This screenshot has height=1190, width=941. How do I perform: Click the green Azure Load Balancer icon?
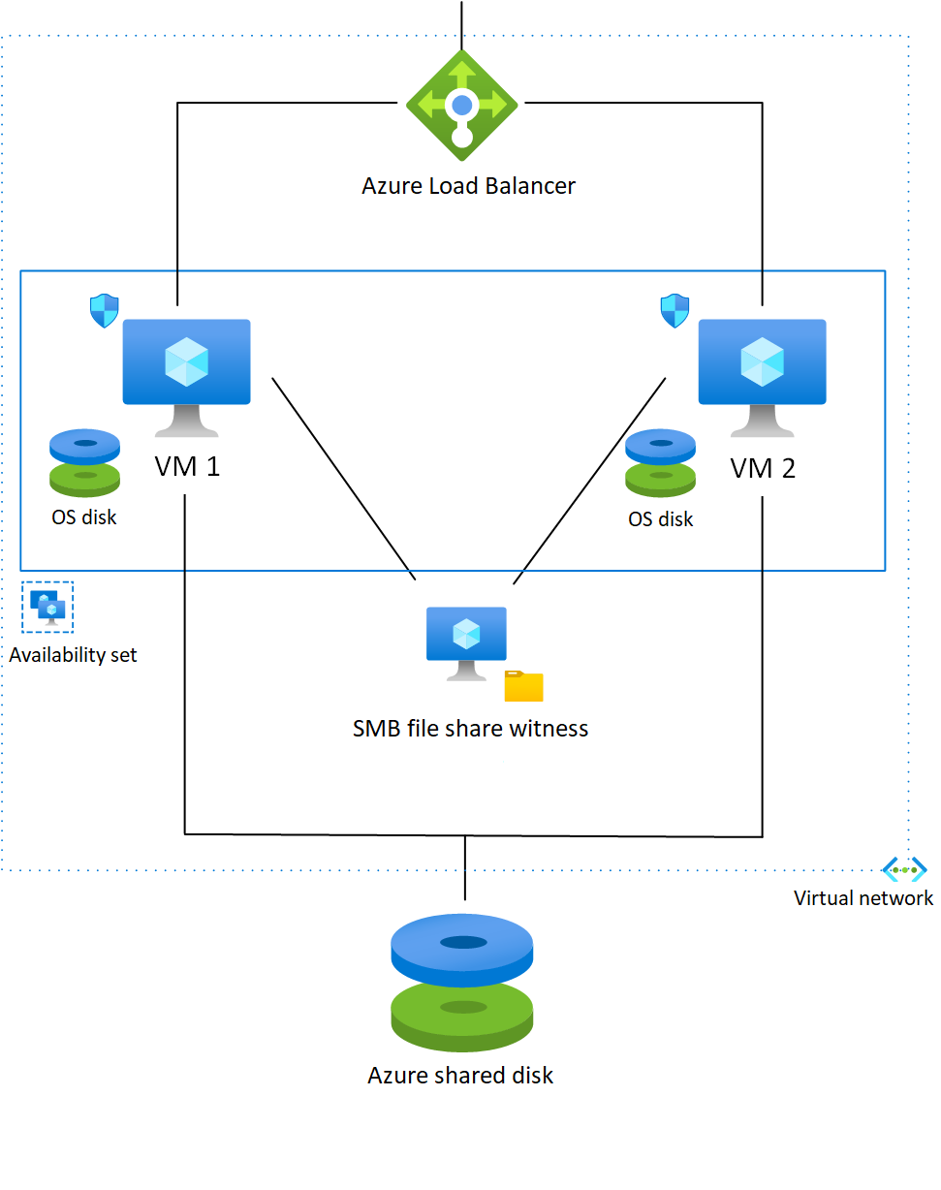pyautogui.click(x=462, y=105)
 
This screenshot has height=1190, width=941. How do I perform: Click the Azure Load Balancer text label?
pyautogui.click(x=469, y=186)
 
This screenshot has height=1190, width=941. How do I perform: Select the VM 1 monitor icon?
pyautogui.click(x=186, y=378)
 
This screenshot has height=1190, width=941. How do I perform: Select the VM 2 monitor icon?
pyautogui.click(x=763, y=378)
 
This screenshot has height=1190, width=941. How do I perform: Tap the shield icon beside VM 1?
pyautogui.click(x=104, y=311)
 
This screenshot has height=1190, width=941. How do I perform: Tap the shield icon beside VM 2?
pyautogui.click(x=674, y=311)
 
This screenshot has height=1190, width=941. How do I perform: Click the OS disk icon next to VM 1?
pyautogui.click(x=84, y=463)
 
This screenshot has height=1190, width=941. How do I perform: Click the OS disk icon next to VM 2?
pyautogui.click(x=661, y=463)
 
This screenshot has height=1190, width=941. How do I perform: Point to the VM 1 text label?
pyautogui.click(x=187, y=466)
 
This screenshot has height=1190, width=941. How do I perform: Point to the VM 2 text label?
pyautogui.click(x=763, y=468)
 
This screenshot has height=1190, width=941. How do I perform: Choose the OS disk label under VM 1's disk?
pyautogui.click(x=84, y=517)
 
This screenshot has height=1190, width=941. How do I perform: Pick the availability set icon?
pyautogui.click(x=47, y=608)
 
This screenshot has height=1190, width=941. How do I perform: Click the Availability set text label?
pyautogui.click(x=73, y=655)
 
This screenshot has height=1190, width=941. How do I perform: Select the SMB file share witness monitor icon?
pyautogui.click(x=466, y=643)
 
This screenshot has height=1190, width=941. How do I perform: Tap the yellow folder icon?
pyautogui.click(x=524, y=686)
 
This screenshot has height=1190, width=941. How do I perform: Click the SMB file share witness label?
pyautogui.click(x=470, y=729)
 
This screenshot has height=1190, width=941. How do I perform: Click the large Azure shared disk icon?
pyautogui.click(x=462, y=983)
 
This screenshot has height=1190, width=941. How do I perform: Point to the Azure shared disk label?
pyautogui.click(x=460, y=1076)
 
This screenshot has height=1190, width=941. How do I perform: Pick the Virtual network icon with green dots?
pyautogui.click(x=904, y=870)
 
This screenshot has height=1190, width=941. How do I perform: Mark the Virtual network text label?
pyautogui.click(x=863, y=898)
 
